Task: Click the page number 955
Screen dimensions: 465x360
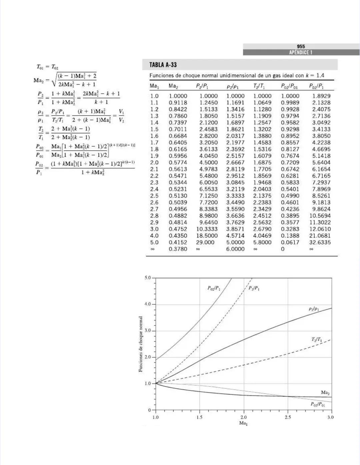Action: [301, 47]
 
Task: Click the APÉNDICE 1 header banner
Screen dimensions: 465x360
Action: [301, 53]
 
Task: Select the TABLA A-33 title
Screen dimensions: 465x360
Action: [163, 65]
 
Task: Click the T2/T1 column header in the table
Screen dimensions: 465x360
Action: [260, 86]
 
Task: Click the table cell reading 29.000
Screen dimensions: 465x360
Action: [205, 242]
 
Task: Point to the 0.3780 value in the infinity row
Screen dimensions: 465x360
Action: [178, 249]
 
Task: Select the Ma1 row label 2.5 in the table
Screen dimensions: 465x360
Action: [154, 196]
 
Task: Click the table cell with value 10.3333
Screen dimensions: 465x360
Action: [207, 229]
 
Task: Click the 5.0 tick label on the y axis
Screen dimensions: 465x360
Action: [147, 277]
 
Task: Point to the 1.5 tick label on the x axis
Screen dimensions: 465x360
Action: [199, 417]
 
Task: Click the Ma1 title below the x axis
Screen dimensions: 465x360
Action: [243, 423]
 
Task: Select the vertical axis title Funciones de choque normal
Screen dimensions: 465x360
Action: [141, 344]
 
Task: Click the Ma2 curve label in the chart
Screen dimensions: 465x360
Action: [325, 393]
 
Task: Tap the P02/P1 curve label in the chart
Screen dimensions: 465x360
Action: [214, 288]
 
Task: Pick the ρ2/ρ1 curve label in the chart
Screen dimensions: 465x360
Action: [314, 309]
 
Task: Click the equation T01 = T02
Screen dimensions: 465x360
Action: [48, 67]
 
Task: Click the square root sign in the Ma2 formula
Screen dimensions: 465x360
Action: [54, 80]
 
